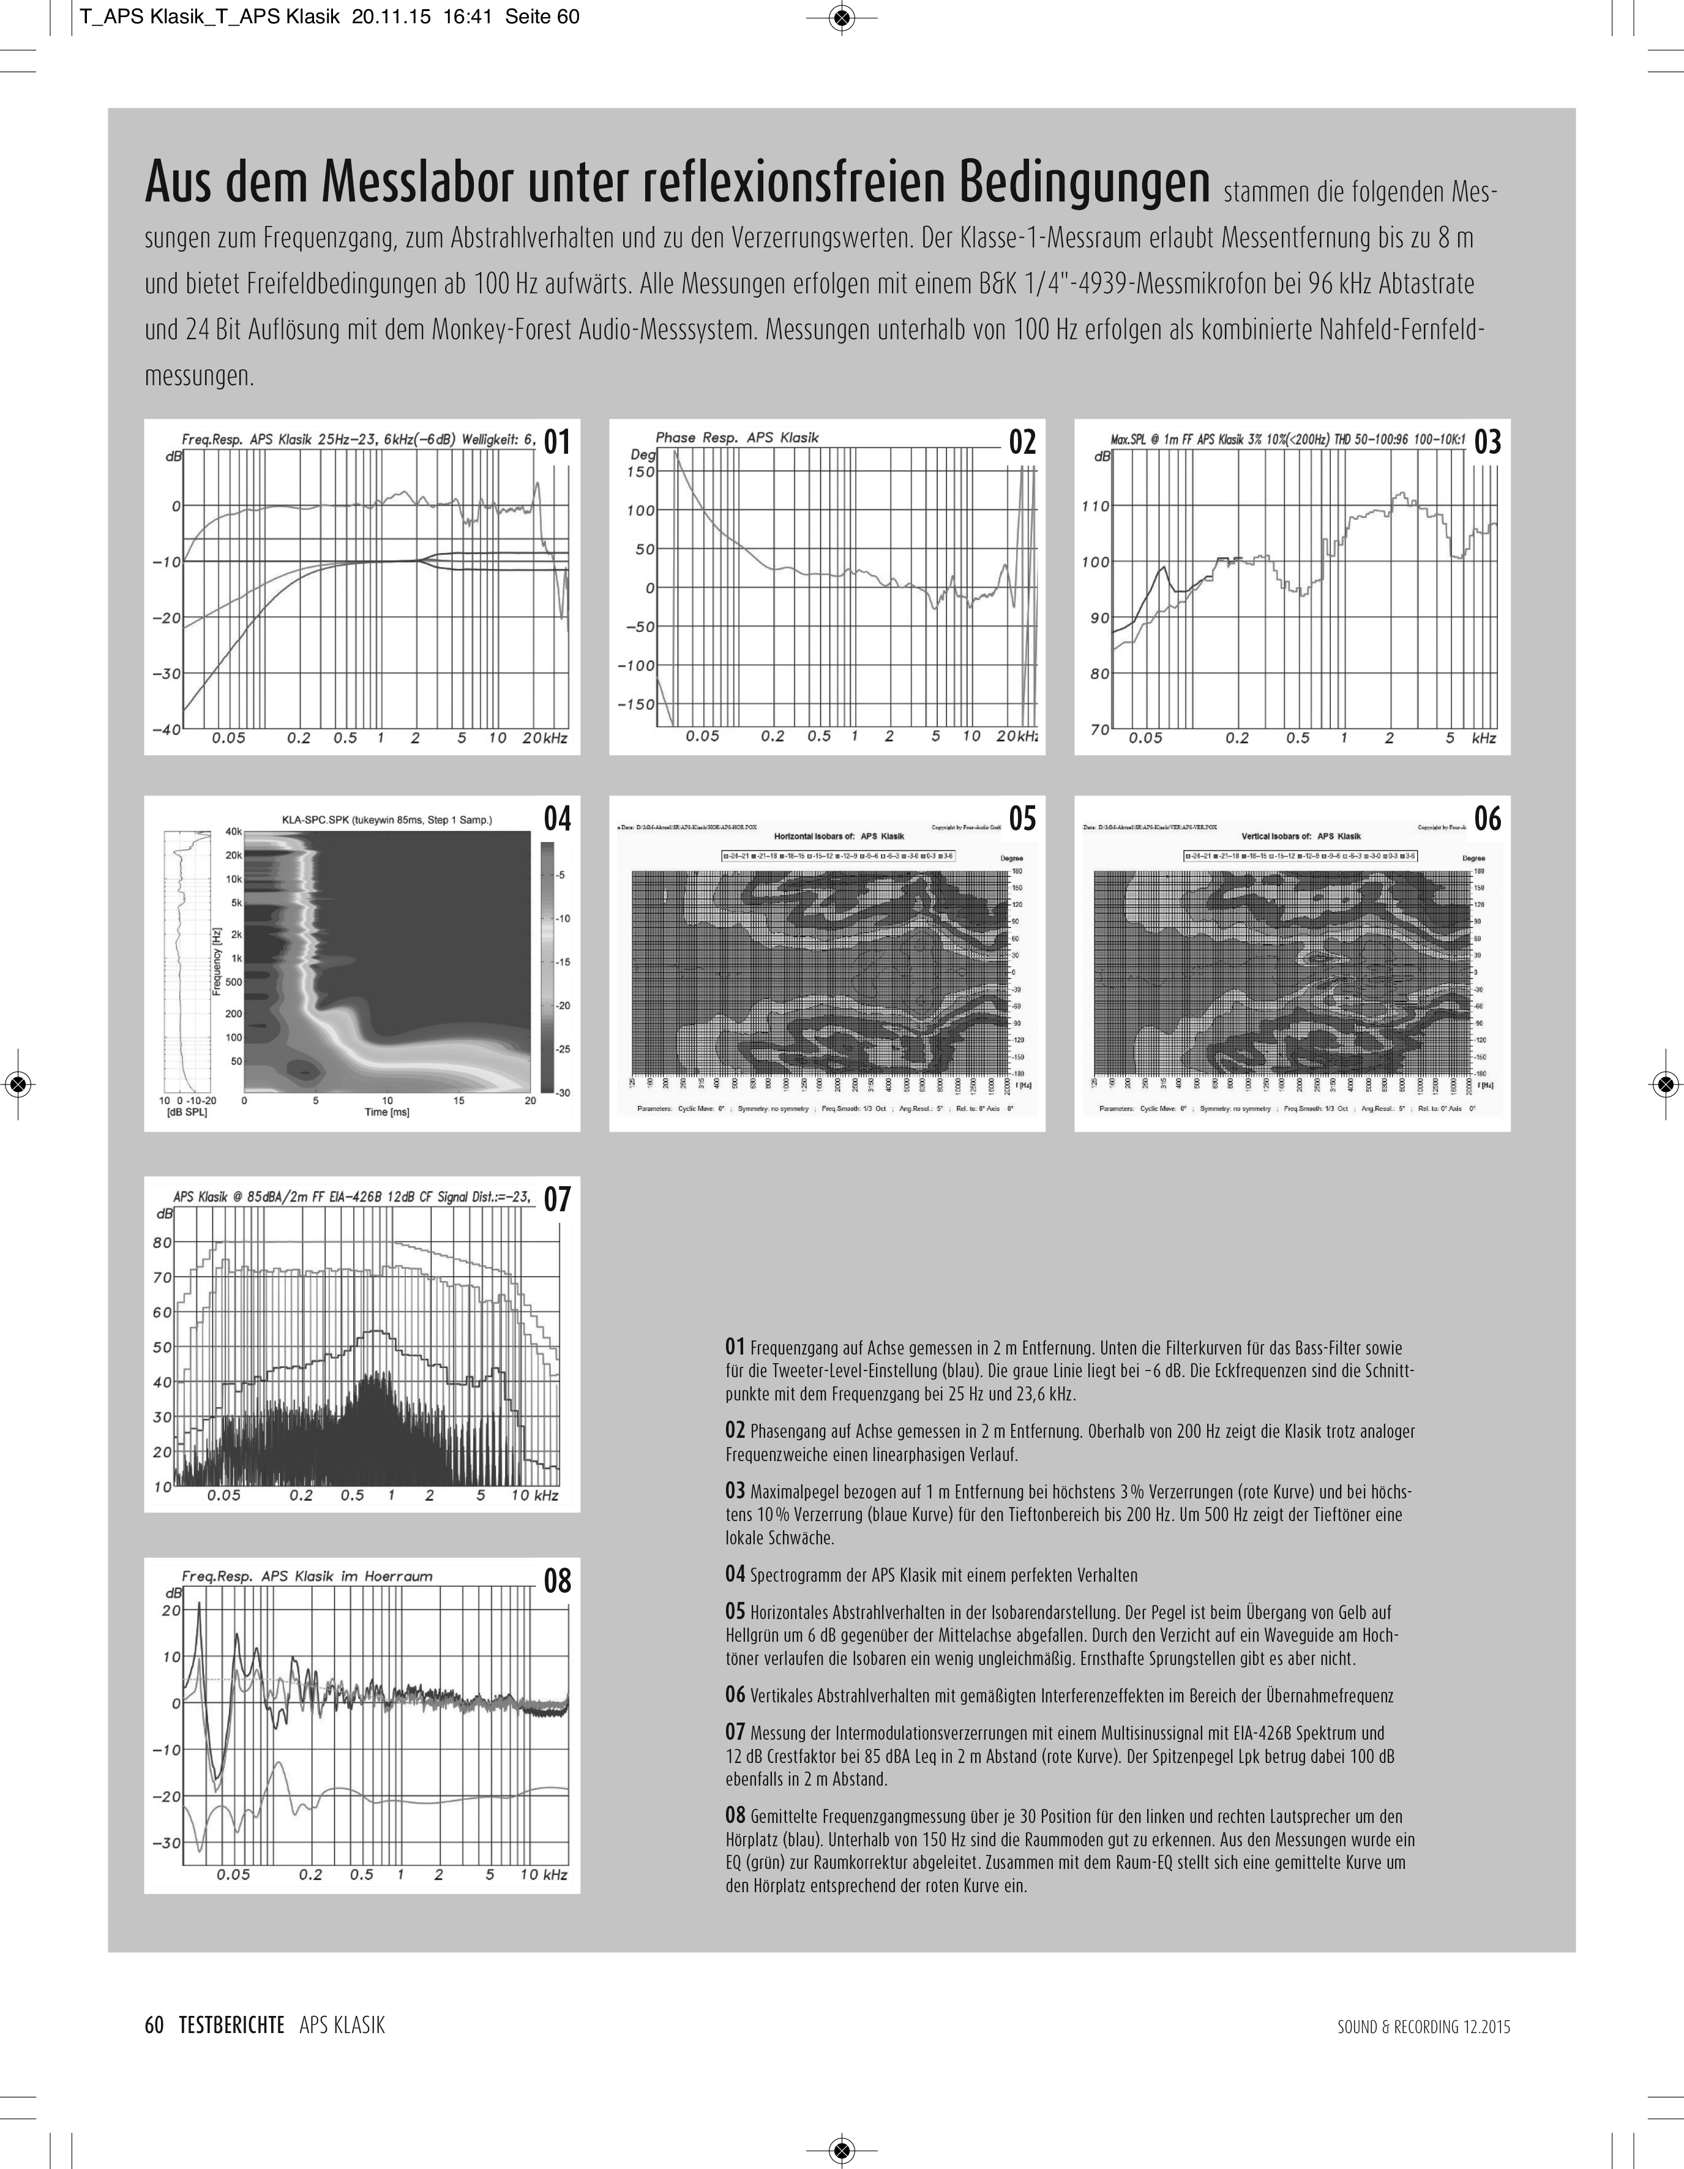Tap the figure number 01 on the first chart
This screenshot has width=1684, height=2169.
(x=557, y=442)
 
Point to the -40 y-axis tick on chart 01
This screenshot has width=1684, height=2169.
(x=166, y=729)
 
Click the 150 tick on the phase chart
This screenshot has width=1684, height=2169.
(x=640, y=472)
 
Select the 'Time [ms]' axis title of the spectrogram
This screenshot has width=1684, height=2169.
(x=387, y=1111)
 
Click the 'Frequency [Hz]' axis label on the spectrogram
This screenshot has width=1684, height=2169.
(x=217, y=961)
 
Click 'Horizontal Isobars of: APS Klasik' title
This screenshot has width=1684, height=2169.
(x=839, y=836)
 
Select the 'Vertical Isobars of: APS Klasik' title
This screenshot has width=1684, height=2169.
(x=1302, y=836)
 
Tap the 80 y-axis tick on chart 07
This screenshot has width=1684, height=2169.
(x=162, y=1242)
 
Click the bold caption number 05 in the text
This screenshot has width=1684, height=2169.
(x=735, y=1612)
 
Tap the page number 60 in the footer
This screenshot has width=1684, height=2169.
(x=154, y=2025)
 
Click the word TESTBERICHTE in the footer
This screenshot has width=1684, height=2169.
(x=231, y=2025)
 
